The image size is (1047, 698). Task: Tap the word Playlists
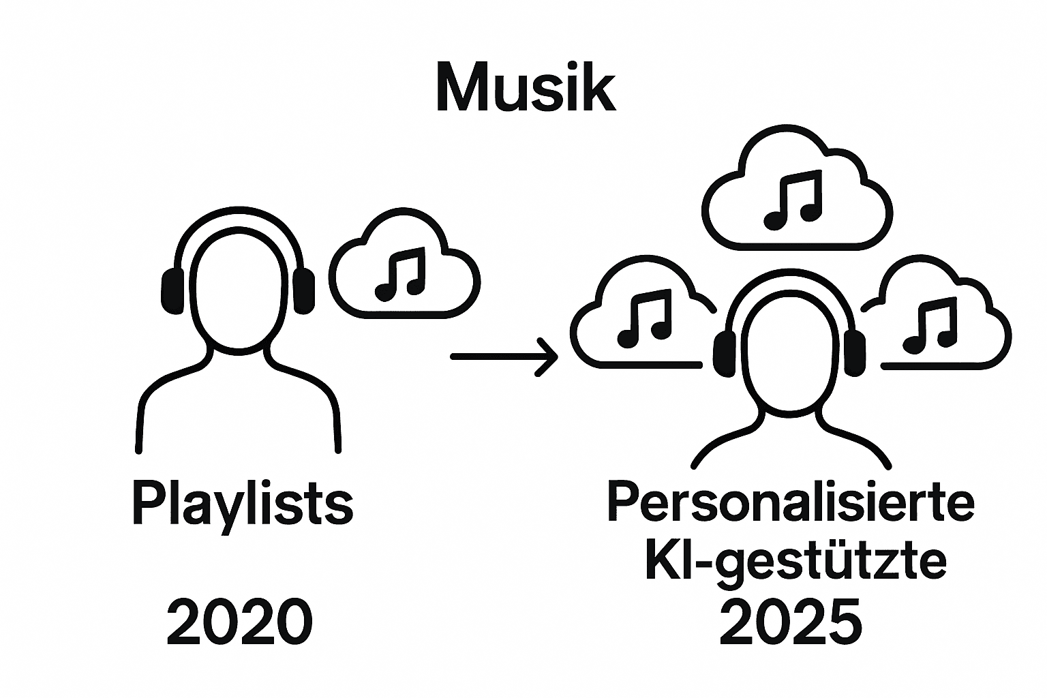pos(242,505)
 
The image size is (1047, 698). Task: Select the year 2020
pos(239,622)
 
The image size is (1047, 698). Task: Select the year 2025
pos(790,622)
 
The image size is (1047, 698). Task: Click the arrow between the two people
pos(501,356)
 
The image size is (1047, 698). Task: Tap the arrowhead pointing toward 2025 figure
pos(549,356)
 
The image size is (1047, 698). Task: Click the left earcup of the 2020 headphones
pos(172,290)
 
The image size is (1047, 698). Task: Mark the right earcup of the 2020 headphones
pos(304,290)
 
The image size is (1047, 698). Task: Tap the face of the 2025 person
pos(789,354)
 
